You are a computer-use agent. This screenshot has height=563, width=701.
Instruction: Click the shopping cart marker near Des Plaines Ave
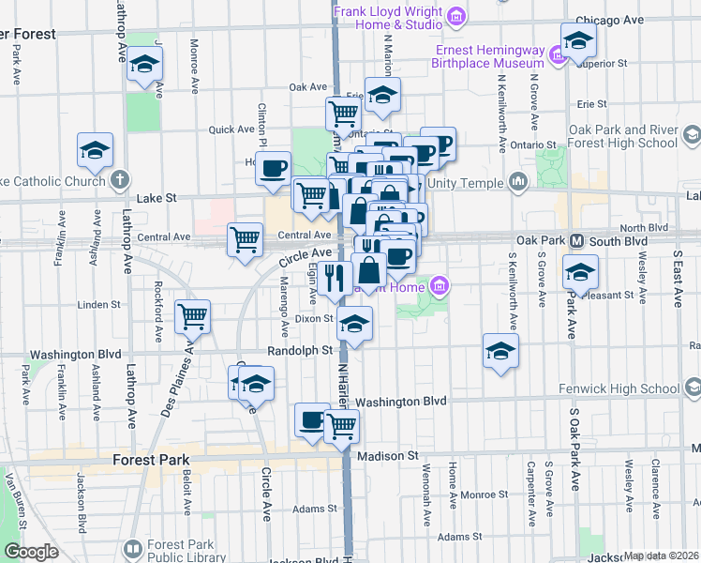193,316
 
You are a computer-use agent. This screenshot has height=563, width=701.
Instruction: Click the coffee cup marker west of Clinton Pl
273,168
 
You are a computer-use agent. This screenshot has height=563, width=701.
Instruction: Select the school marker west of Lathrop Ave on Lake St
96,151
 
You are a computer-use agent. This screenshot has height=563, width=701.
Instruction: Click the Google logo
32,552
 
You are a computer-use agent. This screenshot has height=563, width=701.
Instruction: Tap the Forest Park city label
150,461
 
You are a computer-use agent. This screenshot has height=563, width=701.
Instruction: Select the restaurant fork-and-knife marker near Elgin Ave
334,276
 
